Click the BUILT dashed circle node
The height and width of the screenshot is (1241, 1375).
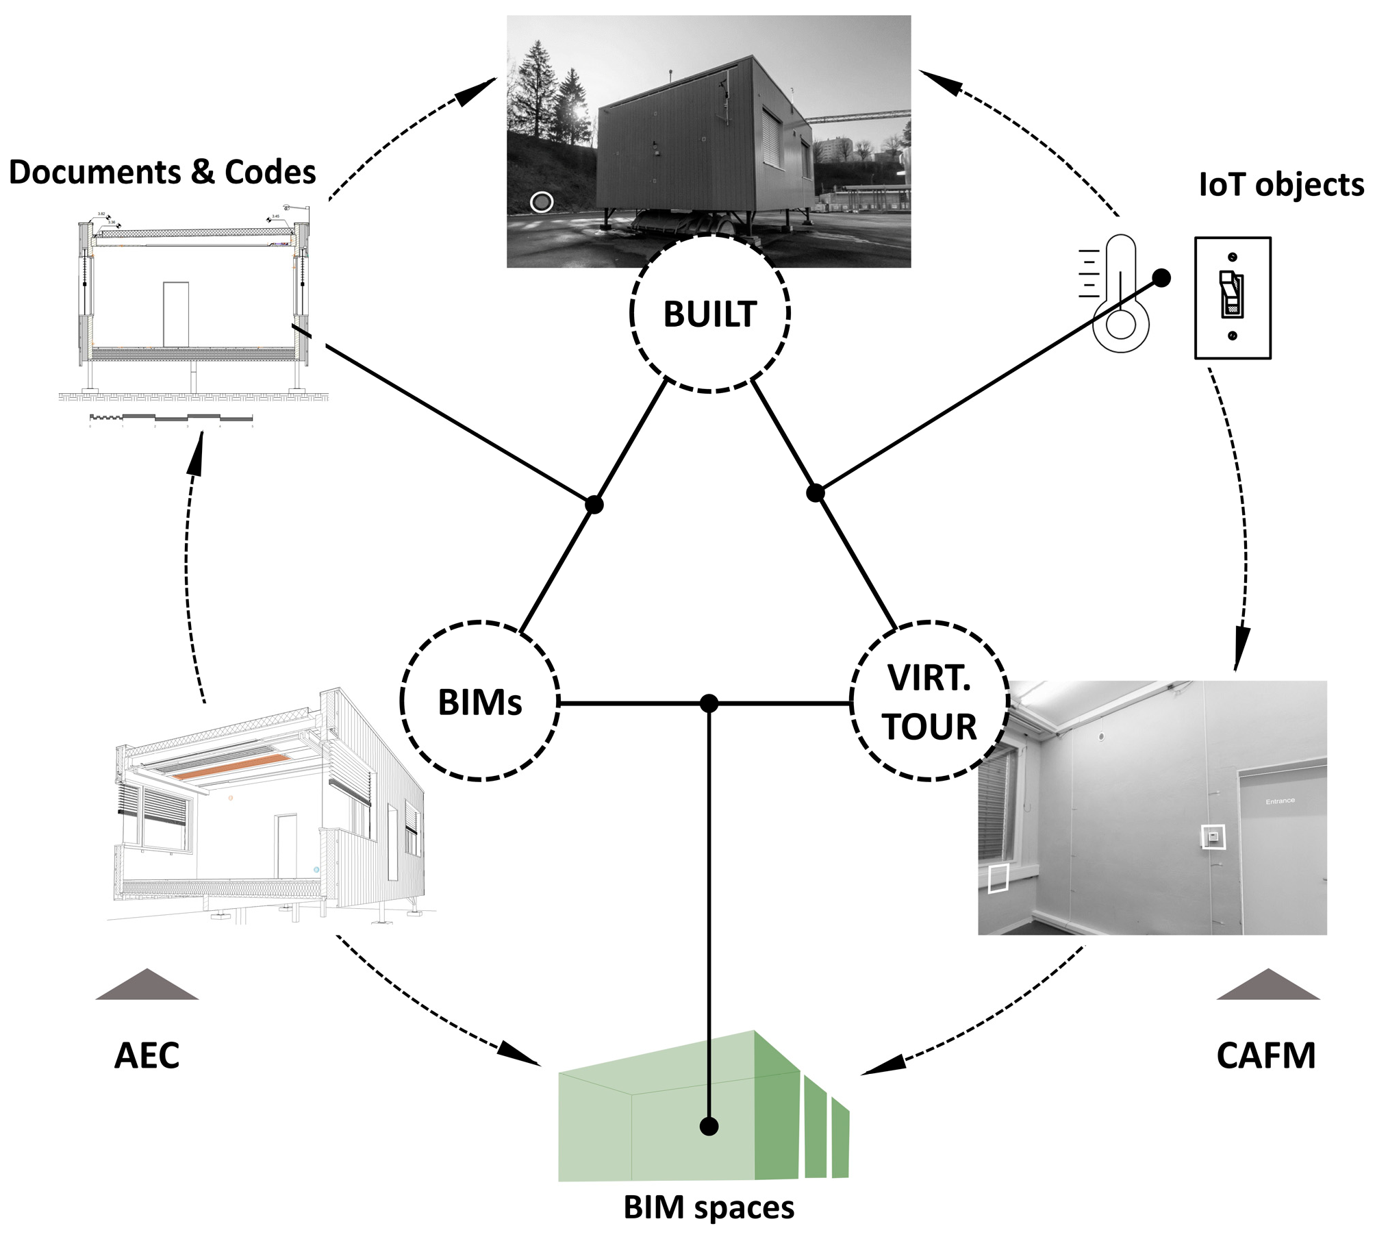tap(710, 313)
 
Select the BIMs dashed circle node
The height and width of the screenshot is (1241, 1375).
tap(479, 701)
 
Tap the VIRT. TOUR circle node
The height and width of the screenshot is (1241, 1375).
tap(929, 701)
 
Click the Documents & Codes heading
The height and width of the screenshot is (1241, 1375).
tap(162, 172)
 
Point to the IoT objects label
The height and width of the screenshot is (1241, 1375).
tap(1281, 185)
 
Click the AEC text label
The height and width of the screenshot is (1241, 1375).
tap(147, 1055)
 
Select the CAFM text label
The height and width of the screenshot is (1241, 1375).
tap(1265, 1055)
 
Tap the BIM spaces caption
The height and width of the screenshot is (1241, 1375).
tap(709, 1207)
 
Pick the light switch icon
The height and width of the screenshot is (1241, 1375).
tap(1233, 298)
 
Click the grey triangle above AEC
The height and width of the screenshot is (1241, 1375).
tap(147, 986)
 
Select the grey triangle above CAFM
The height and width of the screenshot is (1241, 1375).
tap(1267, 986)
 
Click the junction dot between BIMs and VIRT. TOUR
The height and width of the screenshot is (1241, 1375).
tap(709, 703)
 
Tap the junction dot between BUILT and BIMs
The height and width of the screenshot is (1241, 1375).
tap(594, 505)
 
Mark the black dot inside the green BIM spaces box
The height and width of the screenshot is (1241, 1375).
tap(709, 1126)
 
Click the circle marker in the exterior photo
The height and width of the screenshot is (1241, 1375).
tap(542, 202)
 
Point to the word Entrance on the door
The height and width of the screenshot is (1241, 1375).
tap(1280, 801)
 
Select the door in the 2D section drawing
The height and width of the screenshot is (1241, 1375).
tap(176, 314)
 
